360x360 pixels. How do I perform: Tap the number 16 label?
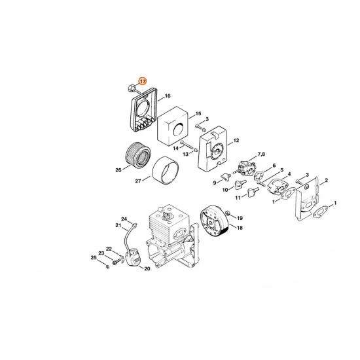168,96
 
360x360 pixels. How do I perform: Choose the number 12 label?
236,140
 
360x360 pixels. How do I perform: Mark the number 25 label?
94,258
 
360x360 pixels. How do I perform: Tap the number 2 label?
325,180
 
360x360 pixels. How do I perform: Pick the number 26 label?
118,170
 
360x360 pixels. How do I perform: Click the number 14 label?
175,148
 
